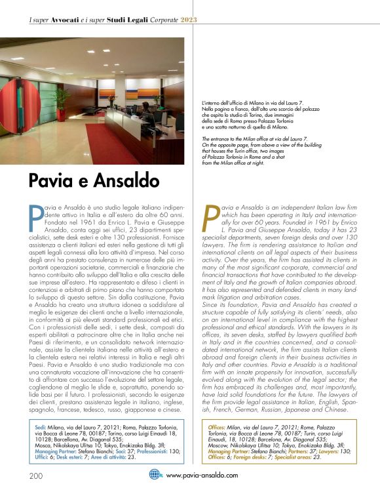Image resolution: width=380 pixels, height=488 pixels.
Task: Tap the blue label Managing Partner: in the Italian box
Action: point(58,454)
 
